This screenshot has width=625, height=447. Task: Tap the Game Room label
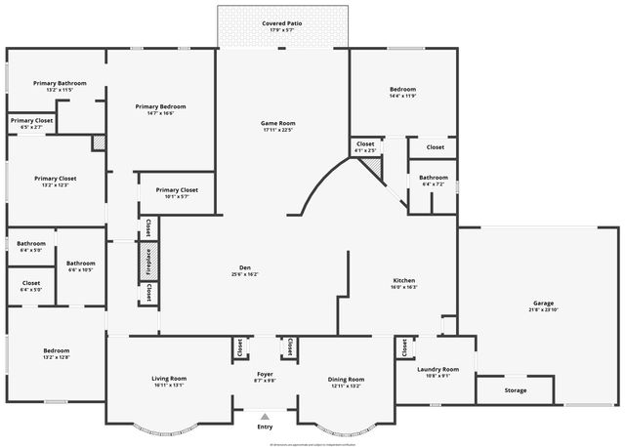pyautogui.click(x=277, y=123)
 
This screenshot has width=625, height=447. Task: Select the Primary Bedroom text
pyautogui.click(x=160, y=106)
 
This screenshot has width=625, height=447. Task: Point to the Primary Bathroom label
pyautogui.click(x=60, y=84)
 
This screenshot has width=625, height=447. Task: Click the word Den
pyautogui.click(x=245, y=267)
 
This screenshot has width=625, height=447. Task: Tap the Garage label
pyautogui.click(x=543, y=302)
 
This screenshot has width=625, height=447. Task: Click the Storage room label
pyautogui.click(x=515, y=390)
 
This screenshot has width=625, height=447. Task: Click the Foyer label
pyautogui.click(x=264, y=373)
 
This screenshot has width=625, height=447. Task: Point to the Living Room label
pyautogui.click(x=169, y=378)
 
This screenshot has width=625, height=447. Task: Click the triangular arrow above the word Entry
pyautogui.click(x=264, y=417)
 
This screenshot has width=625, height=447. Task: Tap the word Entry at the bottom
pyautogui.click(x=265, y=427)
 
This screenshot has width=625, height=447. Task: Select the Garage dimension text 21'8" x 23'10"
pyautogui.click(x=543, y=309)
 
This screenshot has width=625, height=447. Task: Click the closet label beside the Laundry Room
pyautogui.click(x=402, y=347)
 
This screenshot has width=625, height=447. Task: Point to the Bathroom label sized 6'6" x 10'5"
pyautogui.click(x=81, y=263)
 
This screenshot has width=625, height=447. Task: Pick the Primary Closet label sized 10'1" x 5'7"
pyautogui.click(x=177, y=189)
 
